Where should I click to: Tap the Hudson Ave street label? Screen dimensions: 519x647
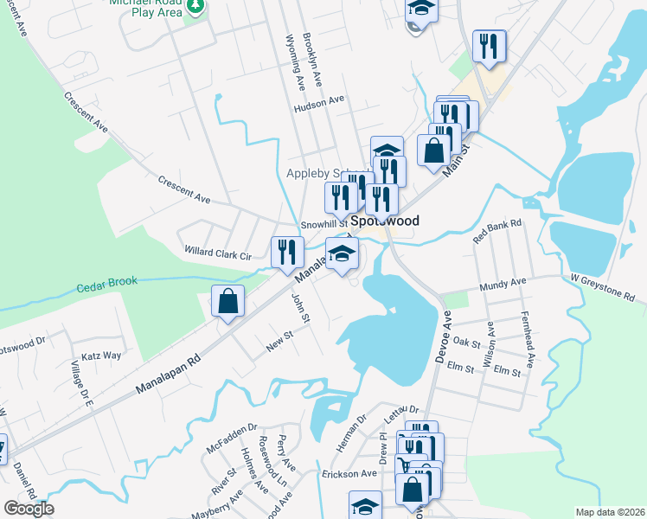[319, 102]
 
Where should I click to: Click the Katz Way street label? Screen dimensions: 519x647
[102, 356]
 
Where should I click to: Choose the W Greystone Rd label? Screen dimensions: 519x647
[607, 289]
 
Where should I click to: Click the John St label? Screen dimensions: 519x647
[300, 309]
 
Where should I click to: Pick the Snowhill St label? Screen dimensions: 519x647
[323, 225]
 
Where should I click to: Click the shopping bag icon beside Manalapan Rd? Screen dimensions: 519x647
[227, 303]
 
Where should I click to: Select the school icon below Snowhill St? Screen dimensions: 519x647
[342, 254]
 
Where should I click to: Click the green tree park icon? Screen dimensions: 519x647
[197, 8]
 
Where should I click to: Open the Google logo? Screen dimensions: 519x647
[29, 509]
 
